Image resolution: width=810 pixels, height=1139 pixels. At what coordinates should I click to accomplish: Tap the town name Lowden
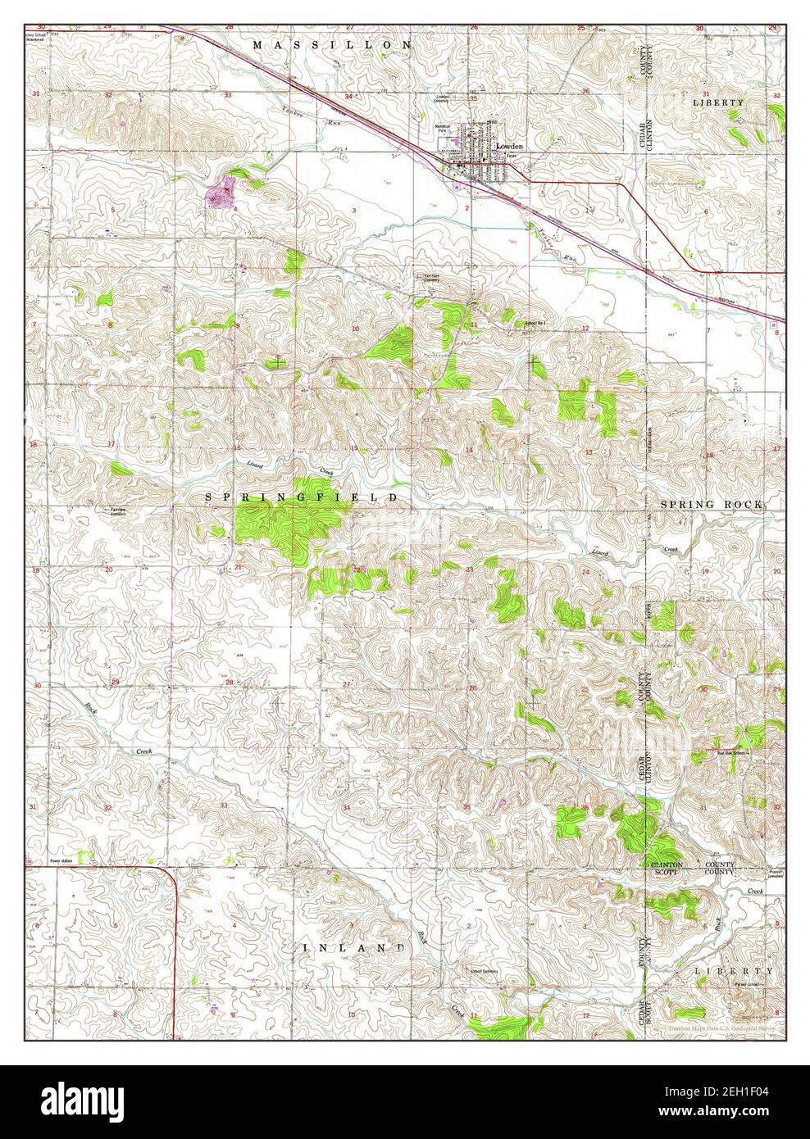(x=509, y=146)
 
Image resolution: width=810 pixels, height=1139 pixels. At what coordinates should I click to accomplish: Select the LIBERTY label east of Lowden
(x=718, y=102)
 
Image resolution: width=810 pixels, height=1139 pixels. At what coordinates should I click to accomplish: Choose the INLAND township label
(x=355, y=947)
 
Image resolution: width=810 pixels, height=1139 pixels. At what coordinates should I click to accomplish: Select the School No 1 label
(x=535, y=323)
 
